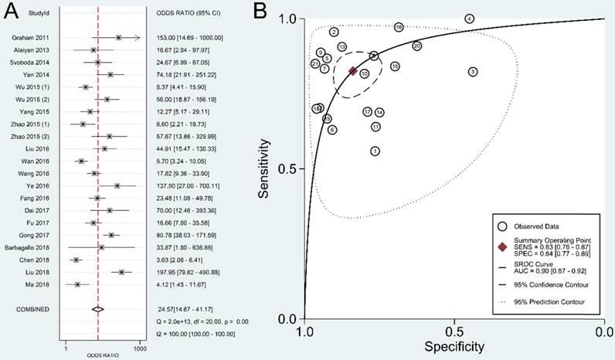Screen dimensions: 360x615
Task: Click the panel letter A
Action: (11, 11)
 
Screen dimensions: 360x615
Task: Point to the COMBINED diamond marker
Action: (98, 309)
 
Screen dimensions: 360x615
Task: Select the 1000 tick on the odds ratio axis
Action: (139, 341)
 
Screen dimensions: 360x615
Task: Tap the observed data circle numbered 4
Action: (470, 19)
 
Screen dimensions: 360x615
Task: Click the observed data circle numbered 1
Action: (375, 151)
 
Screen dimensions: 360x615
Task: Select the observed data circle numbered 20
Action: (417, 46)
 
